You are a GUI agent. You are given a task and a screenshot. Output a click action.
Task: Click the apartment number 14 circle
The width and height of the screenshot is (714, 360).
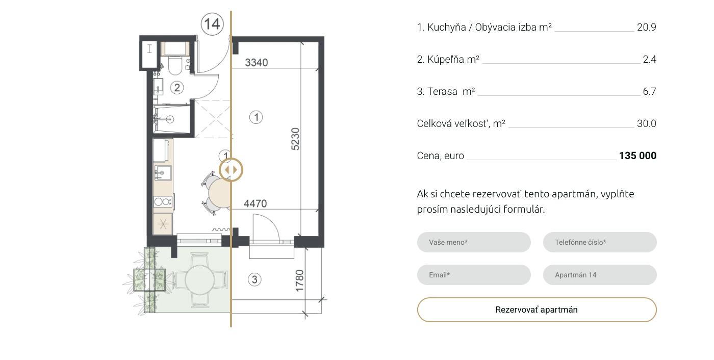tap(212, 24)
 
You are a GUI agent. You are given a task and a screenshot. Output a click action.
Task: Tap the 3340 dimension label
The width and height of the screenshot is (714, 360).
tap(256, 62)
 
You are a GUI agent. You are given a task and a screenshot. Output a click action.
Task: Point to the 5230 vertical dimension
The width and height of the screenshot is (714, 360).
tap(295, 139)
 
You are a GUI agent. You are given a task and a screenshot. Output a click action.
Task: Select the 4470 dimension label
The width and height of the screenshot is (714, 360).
tap(256, 203)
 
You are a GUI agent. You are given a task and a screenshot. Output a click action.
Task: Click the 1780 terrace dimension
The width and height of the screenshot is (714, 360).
tap(299, 280)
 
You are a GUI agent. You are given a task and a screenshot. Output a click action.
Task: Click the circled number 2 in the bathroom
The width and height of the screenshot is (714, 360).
tap(177, 88)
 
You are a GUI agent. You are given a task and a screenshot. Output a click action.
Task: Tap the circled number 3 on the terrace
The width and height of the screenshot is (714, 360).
tap(254, 280)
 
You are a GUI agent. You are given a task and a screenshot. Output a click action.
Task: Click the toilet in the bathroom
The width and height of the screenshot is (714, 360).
tap(174, 65)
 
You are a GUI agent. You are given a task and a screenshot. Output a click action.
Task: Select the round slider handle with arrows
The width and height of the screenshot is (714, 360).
tap(231, 170)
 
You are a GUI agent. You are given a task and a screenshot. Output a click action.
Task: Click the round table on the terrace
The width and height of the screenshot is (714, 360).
tap(199, 280)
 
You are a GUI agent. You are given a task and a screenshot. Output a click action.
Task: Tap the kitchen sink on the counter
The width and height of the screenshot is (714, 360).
tap(163, 173)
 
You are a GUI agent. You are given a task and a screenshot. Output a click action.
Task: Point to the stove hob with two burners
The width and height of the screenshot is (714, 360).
tap(163, 201)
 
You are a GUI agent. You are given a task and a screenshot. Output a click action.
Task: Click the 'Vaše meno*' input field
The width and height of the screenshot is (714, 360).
tap(474, 242)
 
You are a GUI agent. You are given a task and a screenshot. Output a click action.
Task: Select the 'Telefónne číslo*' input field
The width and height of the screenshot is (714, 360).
tap(600, 242)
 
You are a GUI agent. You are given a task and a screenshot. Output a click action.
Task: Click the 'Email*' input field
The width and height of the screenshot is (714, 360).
tap(474, 275)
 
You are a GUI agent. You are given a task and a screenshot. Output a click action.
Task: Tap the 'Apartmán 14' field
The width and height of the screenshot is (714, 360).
tap(600, 275)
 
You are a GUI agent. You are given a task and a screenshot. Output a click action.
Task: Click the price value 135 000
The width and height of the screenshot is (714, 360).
tap(637, 156)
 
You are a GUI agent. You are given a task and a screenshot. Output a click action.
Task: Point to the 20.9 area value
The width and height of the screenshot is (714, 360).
tap(647, 27)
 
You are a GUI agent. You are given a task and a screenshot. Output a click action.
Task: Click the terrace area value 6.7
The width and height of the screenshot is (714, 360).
tap(649, 91)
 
